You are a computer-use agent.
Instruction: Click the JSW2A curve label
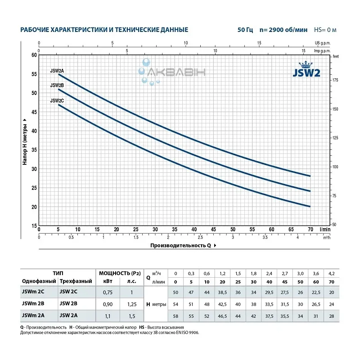(x=57, y=71)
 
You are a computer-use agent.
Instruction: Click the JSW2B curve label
(x=57, y=85)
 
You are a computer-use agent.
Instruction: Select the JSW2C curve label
(x=57, y=101)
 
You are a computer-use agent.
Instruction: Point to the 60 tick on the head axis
(x=34, y=55)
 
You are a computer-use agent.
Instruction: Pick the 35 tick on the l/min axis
(x=175, y=229)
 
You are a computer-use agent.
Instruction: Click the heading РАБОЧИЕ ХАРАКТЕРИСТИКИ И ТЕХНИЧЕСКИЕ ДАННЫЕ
(x=104, y=30)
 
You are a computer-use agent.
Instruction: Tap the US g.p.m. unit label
(x=323, y=44)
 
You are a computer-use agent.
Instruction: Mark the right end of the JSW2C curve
(x=310, y=207)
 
